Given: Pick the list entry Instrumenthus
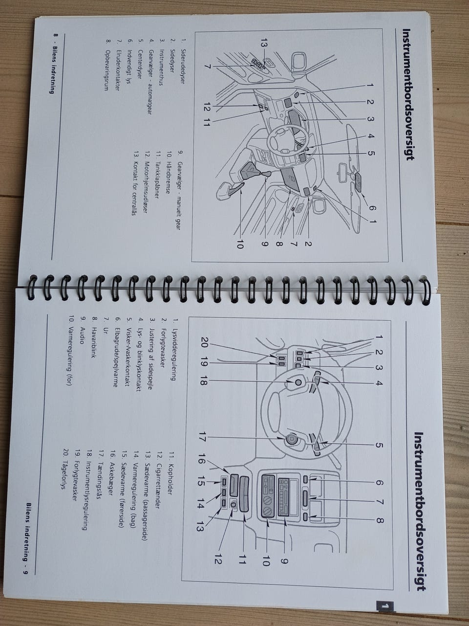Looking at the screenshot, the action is pos(161,67).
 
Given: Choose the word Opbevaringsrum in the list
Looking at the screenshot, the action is pos(107,70).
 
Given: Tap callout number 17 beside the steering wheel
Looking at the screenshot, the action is pos(202,445).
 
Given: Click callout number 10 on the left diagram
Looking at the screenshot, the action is pos(240,245).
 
